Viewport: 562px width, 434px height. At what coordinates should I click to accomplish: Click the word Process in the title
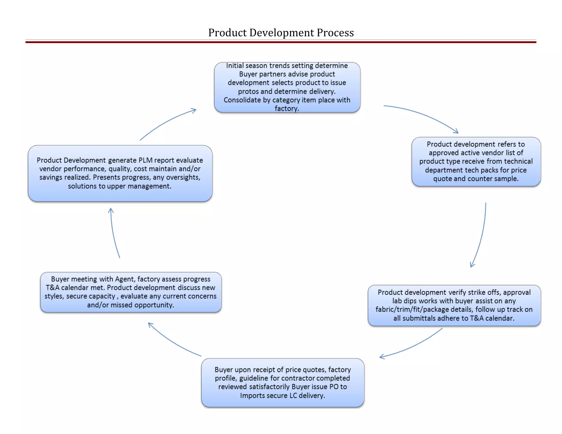335,33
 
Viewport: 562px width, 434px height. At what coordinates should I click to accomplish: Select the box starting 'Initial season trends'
287,87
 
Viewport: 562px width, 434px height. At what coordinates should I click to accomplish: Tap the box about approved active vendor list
476,162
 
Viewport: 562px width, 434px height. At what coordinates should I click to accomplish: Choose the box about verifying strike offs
454,305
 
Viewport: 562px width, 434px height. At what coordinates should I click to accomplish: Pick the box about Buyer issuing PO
283,382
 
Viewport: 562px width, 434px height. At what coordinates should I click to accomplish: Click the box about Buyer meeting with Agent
131,292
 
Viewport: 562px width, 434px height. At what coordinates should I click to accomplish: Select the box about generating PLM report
120,173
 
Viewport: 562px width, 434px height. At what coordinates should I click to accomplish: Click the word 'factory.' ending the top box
287,108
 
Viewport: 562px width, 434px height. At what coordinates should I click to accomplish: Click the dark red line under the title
281,42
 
